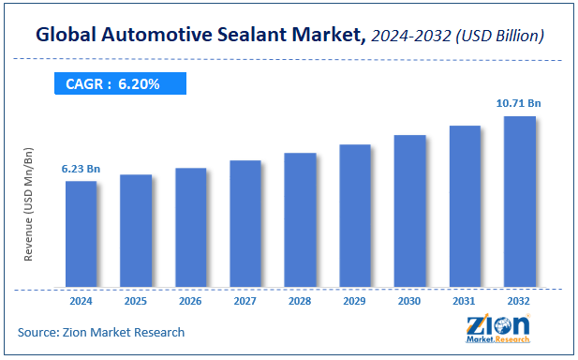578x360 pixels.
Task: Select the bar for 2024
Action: point(81,233)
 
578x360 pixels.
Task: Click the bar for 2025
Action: point(136,231)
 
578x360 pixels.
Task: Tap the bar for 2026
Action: point(190,227)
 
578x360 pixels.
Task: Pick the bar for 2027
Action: point(245,223)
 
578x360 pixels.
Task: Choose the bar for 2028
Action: point(300,219)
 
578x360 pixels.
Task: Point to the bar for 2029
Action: point(355,216)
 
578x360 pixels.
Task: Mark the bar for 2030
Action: point(410,211)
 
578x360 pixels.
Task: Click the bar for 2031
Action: point(465,206)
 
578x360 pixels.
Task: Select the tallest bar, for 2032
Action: point(520,202)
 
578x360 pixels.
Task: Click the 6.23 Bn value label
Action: point(81,169)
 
